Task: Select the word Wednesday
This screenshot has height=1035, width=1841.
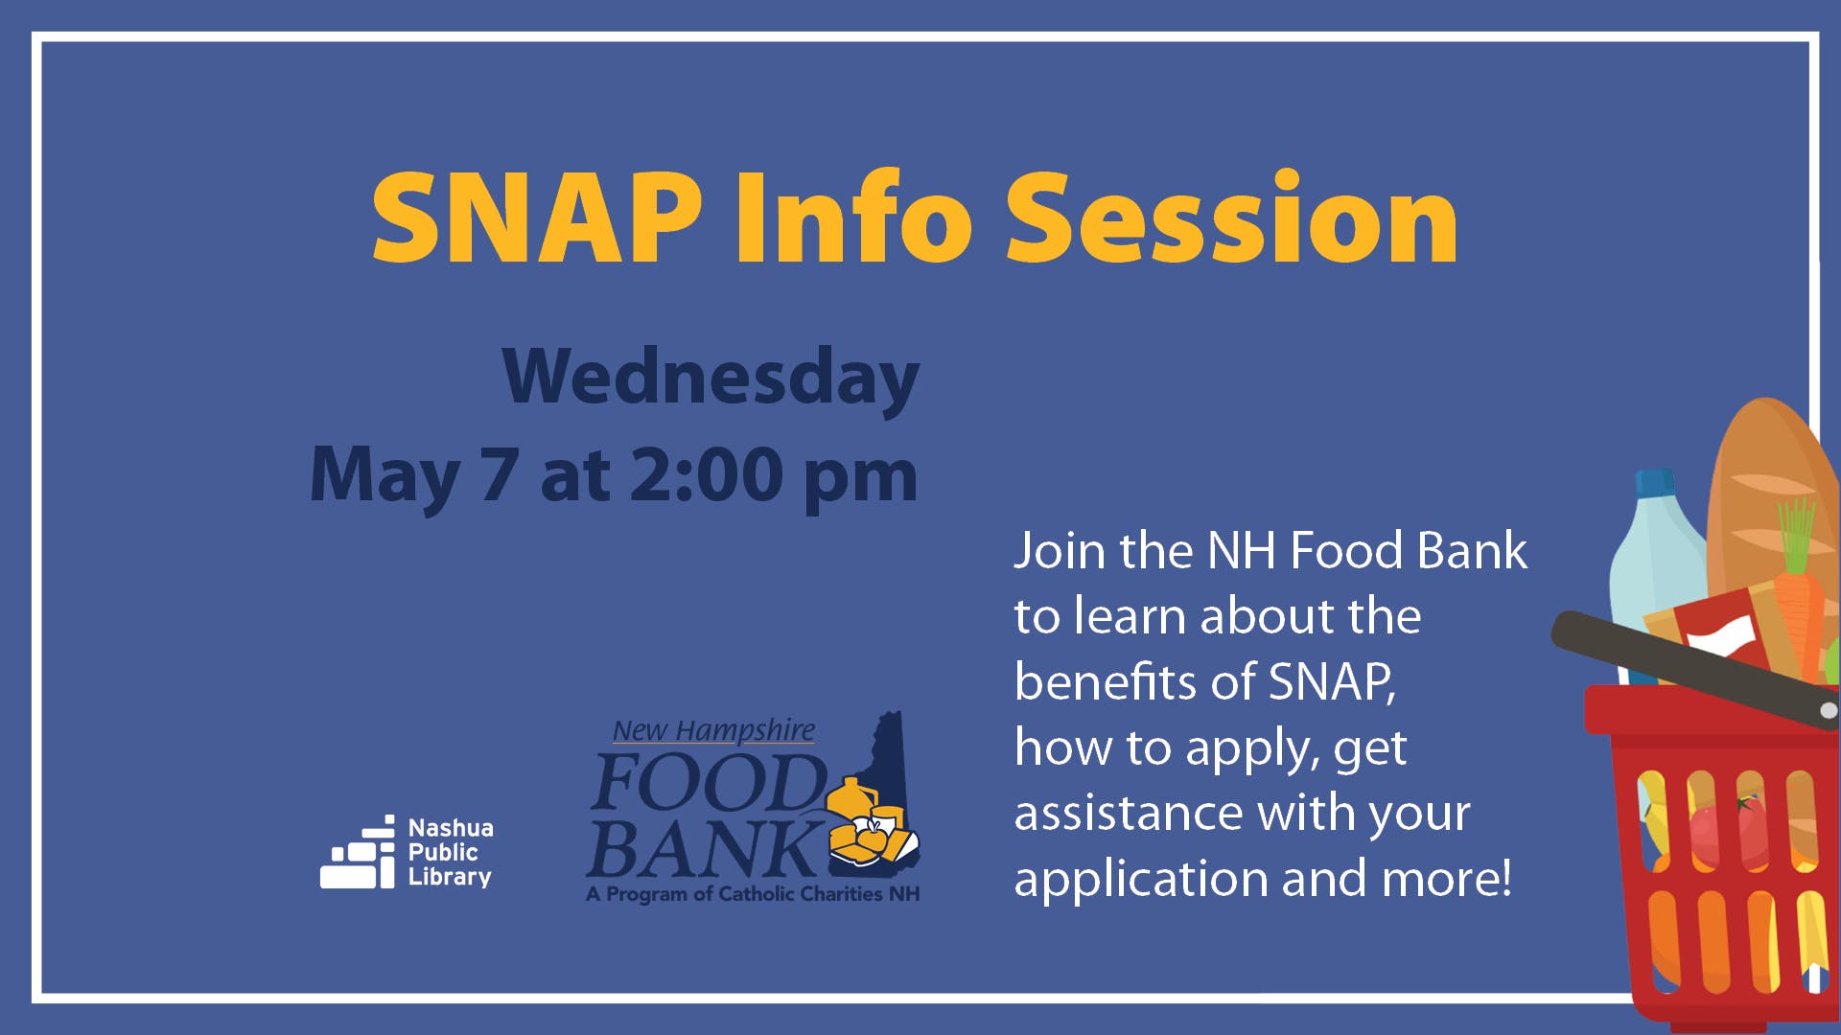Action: coord(711,378)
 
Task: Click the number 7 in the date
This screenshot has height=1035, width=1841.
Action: coord(500,474)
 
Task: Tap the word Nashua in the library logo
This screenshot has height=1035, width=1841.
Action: coord(451,828)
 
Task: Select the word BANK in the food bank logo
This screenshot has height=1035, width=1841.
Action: coord(702,848)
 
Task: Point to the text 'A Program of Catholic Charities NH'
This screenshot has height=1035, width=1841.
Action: coord(753,894)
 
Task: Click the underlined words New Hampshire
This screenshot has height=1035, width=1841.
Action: coord(714,730)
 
